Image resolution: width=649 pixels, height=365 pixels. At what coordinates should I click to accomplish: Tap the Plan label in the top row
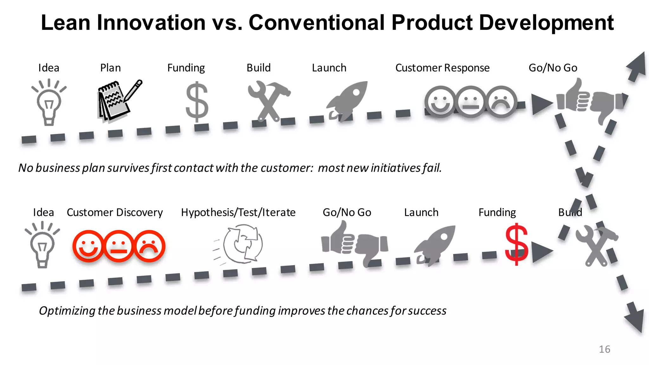[x=110, y=68]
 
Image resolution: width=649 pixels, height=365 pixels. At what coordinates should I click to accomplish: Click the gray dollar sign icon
[x=197, y=102]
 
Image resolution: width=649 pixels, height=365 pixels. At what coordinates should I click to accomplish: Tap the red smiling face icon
[x=88, y=246]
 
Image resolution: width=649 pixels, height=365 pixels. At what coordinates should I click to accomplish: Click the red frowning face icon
[x=150, y=246]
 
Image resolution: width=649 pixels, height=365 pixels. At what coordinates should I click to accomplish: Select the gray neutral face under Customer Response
[x=471, y=102]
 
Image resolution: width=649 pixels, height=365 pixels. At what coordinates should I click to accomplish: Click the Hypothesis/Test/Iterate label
[x=238, y=212]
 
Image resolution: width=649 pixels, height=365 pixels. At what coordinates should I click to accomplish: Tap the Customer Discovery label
[x=115, y=212]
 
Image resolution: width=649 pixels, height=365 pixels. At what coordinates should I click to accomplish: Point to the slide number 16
[x=604, y=349]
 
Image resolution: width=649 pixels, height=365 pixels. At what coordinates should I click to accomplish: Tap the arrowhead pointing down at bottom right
[x=635, y=318]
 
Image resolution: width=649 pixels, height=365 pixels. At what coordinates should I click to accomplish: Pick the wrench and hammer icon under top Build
[x=269, y=101]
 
